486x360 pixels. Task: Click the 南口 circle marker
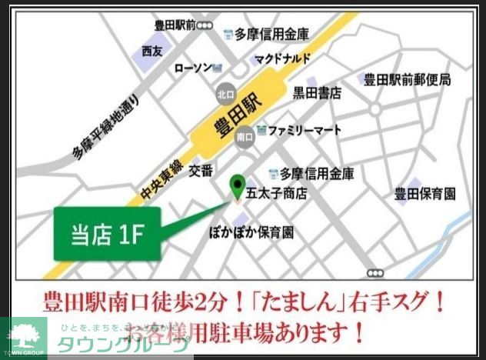245,136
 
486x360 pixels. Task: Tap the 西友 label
152,51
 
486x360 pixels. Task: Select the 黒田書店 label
316,92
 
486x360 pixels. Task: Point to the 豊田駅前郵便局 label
407,79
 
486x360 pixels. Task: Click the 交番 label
201,169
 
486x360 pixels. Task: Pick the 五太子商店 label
275,193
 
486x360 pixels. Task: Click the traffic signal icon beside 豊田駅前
205,25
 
